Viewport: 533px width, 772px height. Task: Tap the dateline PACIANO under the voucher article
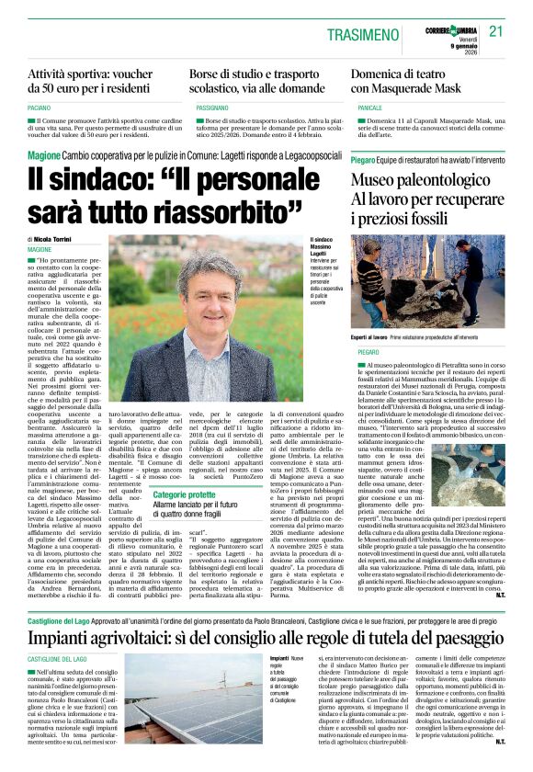[x=41, y=108]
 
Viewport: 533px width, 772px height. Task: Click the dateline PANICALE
[x=369, y=108]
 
